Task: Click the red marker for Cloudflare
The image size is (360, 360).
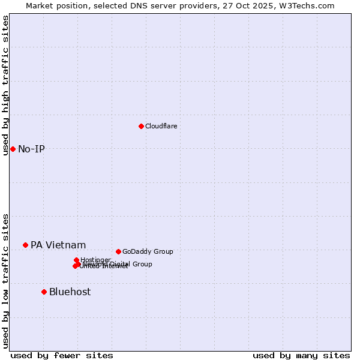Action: [x=141, y=126]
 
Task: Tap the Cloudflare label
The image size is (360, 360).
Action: [x=161, y=126]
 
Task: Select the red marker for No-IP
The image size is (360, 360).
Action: [x=13, y=149]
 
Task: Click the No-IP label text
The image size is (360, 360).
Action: [x=31, y=149]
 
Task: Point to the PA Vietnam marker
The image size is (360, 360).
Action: [x=25, y=245]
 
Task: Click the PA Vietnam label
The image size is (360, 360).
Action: [x=58, y=245]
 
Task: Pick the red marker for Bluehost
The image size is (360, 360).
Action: [x=44, y=292]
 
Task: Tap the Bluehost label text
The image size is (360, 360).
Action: [x=70, y=292]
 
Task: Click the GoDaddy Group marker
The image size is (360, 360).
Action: [x=118, y=251]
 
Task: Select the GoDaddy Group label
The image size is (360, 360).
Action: [x=147, y=251]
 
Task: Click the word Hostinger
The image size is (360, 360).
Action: [x=95, y=260]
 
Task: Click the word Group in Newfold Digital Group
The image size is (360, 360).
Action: [x=142, y=264]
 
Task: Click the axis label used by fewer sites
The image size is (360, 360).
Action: [x=62, y=355]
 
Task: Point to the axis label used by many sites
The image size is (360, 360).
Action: [x=301, y=355]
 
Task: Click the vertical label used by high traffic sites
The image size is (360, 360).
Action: [x=5, y=86]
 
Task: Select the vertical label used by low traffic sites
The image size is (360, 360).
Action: [x=5, y=281]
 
